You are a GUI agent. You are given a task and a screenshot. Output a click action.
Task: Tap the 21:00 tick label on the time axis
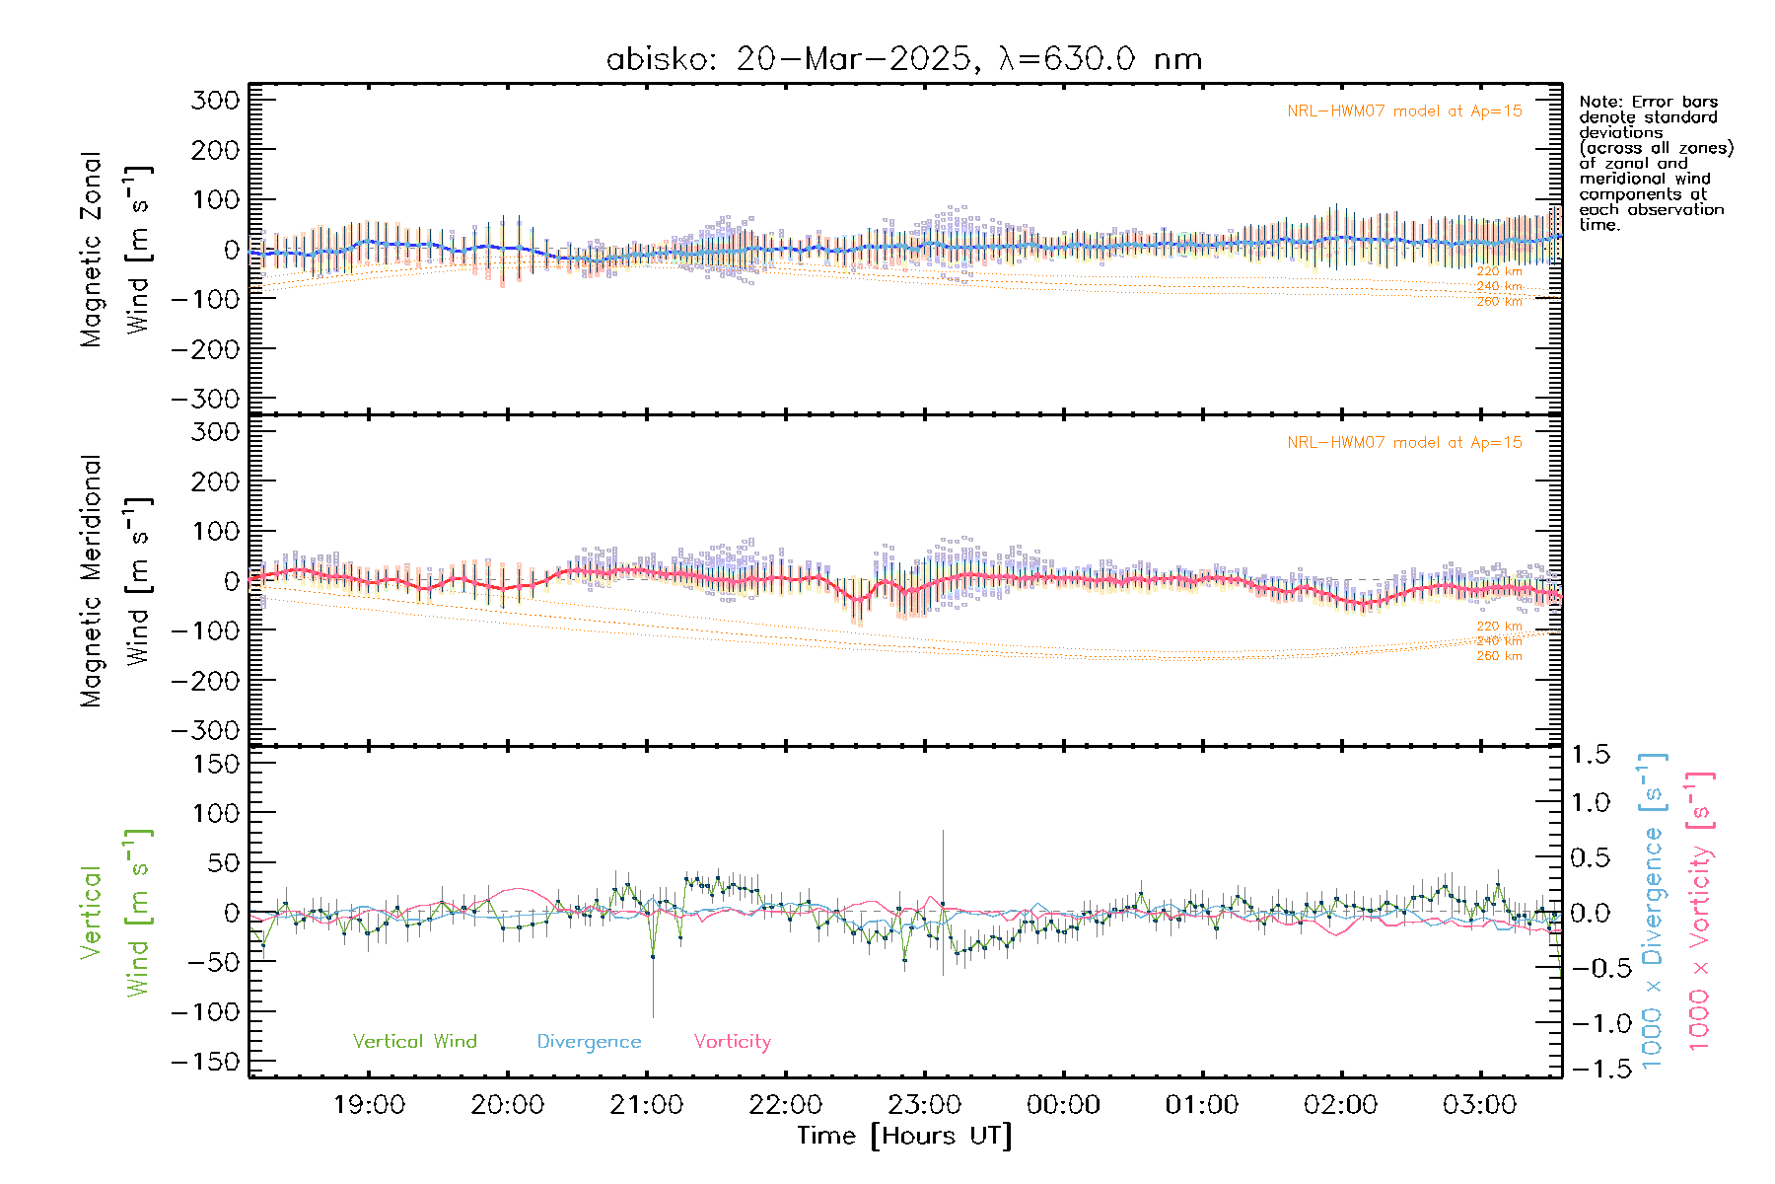coord(646,1105)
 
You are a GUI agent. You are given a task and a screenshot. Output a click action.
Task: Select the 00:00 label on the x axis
coord(1063,1105)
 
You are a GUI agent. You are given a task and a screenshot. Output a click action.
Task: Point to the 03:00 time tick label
coord(1479,1105)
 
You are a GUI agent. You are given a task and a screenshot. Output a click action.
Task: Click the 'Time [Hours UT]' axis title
coord(904,1136)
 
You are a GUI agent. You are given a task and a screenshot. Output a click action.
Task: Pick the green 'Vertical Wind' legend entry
coord(414,1042)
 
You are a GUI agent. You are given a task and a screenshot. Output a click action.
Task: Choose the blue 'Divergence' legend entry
coord(589,1042)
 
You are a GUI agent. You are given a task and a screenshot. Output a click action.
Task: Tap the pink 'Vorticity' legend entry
coord(732,1042)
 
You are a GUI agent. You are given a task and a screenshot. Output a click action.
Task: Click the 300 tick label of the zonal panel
coord(216,100)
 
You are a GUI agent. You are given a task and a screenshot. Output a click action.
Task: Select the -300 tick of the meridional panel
coord(206,730)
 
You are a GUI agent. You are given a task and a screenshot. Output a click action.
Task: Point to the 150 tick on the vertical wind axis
coord(216,764)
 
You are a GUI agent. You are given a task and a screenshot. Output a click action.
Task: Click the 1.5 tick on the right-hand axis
coord(1591,755)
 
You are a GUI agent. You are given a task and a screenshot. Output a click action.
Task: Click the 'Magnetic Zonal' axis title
coord(91,250)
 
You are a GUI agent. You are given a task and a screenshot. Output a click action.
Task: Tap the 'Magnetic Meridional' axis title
coord(91,581)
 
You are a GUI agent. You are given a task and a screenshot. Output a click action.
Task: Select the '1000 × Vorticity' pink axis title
coord(1699,911)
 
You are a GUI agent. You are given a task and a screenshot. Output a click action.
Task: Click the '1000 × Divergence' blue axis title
coord(1652,911)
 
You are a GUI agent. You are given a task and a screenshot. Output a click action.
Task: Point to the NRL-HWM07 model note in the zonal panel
coord(1404,111)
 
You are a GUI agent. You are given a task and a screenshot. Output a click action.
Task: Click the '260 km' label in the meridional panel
coord(1499,656)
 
